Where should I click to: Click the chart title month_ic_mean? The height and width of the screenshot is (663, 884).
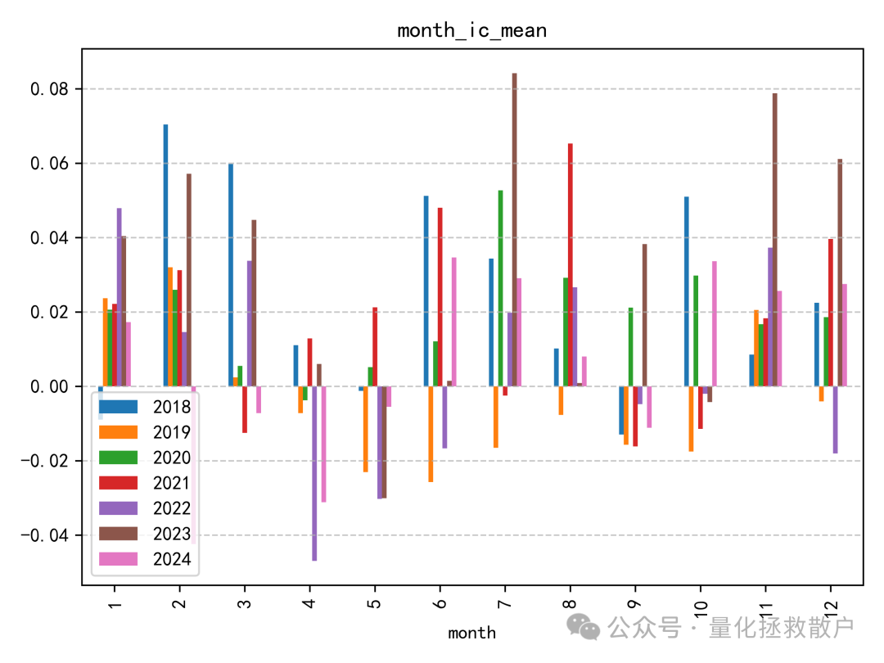[471, 31]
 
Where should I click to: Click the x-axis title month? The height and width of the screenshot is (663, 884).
[471, 632]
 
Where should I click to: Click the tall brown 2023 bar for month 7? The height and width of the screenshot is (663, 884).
[515, 229]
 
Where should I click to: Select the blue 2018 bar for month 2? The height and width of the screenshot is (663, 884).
[165, 255]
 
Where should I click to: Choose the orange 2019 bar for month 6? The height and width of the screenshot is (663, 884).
[431, 434]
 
